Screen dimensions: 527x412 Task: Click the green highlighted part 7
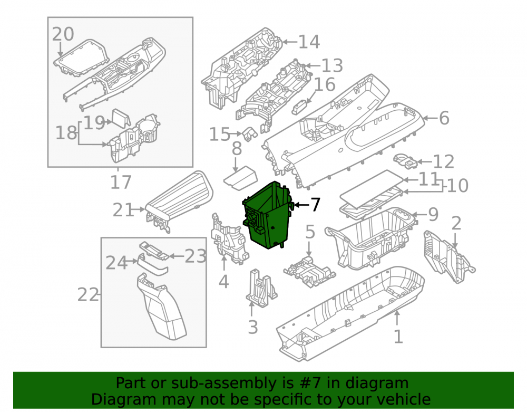click(268, 215)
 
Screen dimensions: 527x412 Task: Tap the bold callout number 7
click(315, 205)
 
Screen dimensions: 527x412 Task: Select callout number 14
click(309, 42)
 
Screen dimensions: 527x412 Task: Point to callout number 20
click(63, 34)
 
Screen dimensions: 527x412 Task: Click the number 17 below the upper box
click(121, 183)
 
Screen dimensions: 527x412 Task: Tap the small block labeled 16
click(301, 108)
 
